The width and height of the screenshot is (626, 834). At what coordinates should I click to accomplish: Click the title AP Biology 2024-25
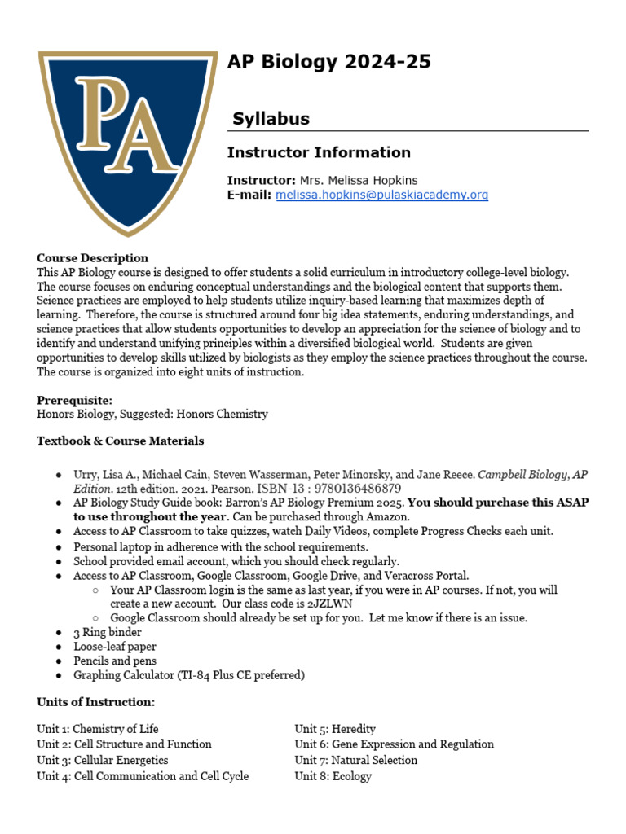[x=328, y=62]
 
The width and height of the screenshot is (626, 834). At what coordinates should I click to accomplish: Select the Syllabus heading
[x=271, y=119]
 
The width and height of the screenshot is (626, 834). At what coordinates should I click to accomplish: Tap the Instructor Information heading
[x=319, y=152]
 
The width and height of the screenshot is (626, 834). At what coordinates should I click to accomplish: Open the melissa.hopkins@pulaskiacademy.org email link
[x=381, y=195]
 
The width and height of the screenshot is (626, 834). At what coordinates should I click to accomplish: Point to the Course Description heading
[x=92, y=258]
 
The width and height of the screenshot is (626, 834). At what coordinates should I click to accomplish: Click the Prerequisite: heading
[x=75, y=400]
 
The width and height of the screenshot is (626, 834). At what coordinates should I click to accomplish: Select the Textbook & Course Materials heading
[x=121, y=441]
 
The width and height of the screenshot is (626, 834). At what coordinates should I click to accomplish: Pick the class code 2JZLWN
[x=329, y=604]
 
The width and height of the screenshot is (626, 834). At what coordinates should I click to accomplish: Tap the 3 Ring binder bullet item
[x=107, y=632]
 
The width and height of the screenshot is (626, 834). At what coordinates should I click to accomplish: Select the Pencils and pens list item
[x=115, y=661]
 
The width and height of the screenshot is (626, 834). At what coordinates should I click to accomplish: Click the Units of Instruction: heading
[x=95, y=702]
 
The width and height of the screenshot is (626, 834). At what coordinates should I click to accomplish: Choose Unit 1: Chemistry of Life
[x=98, y=729]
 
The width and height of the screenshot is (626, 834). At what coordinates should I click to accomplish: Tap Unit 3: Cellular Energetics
[x=103, y=760]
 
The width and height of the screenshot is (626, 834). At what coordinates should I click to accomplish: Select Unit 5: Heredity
[x=335, y=729]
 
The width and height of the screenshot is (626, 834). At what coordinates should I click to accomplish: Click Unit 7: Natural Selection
[x=355, y=760]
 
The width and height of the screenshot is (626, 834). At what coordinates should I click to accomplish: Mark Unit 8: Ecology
[x=333, y=776]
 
